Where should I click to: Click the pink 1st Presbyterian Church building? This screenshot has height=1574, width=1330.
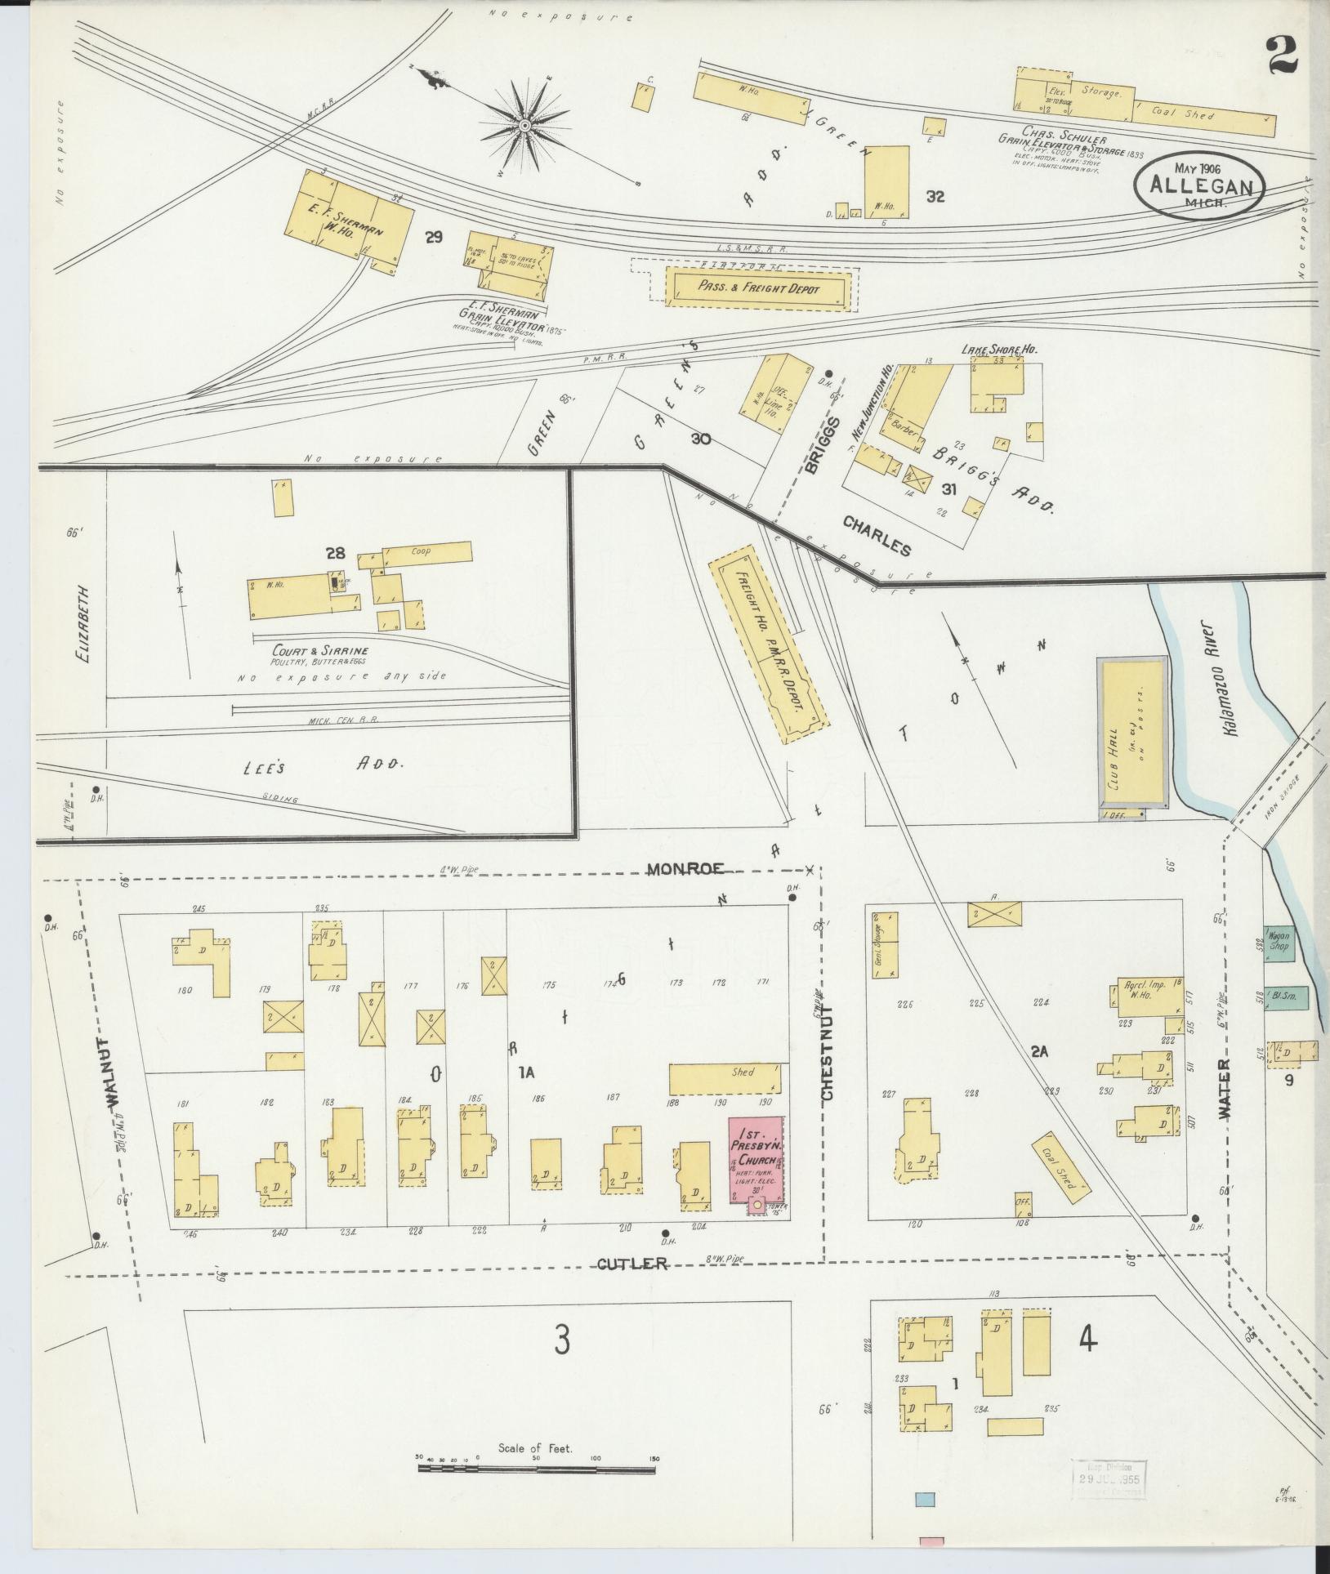tap(755, 1160)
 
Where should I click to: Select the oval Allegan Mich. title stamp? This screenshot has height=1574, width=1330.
tap(1199, 186)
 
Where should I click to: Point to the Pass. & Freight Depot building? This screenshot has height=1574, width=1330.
tap(758, 288)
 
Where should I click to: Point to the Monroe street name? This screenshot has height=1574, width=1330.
tap(685, 869)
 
